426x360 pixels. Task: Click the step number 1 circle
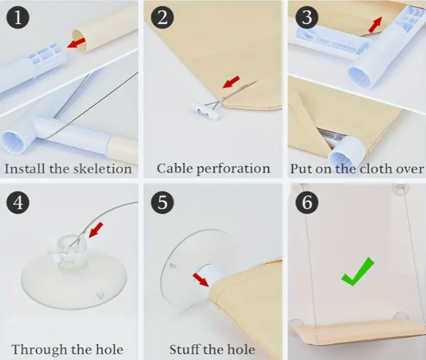pos(18,17)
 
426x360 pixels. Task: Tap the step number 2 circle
pos(162,17)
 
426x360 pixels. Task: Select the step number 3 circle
pos(307,17)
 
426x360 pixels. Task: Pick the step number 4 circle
pos(18,202)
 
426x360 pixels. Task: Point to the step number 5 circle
pos(162,202)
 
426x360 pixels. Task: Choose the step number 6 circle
pos(307,202)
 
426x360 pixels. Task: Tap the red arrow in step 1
pos(77,43)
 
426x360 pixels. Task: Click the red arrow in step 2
pos(231,82)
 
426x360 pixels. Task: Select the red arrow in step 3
pos(375,24)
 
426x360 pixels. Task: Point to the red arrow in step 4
pos(96,229)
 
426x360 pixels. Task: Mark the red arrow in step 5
pos(201,280)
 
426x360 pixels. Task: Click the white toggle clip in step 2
pos(205,111)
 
